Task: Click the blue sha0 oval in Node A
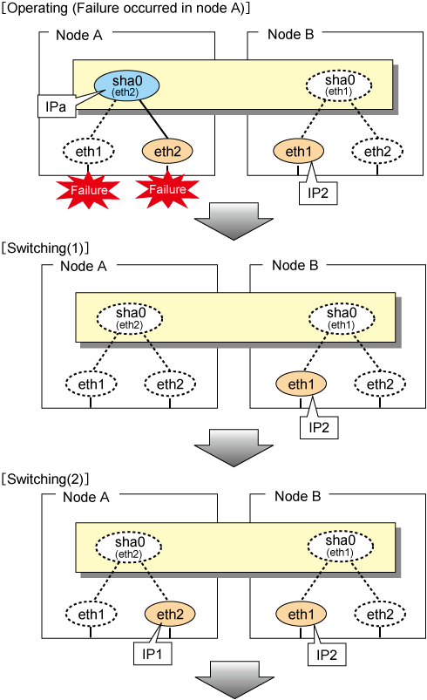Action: point(126,85)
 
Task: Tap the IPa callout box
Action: point(57,106)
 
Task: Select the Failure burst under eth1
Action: point(88,190)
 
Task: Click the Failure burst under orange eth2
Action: point(167,189)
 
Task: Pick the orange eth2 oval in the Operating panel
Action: point(167,152)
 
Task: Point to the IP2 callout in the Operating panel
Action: point(318,194)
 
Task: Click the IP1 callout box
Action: point(152,654)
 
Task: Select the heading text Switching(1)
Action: point(45,248)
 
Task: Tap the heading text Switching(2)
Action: point(45,479)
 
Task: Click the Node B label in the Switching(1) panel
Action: point(295,265)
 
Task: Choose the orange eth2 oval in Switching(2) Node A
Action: point(170,615)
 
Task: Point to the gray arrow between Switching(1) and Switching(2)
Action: point(234,448)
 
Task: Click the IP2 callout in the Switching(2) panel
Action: point(327,655)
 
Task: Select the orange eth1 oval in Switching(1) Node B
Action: point(302,384)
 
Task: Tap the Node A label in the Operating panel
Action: point(79,35)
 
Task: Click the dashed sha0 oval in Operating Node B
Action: point(339,85)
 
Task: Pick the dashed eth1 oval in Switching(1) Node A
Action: point(91,384)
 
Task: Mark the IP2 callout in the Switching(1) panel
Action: point(319,428)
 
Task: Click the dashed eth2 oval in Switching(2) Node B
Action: point(380,615)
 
